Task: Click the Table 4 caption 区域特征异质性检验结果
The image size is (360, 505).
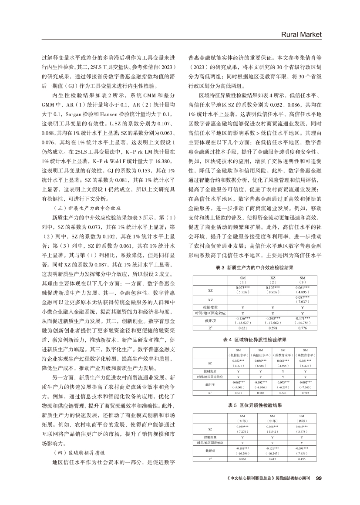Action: (x=255, y=338)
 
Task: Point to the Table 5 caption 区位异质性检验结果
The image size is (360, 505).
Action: (x=255, y=406)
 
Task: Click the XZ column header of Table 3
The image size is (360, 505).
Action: (x=273, y=279)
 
